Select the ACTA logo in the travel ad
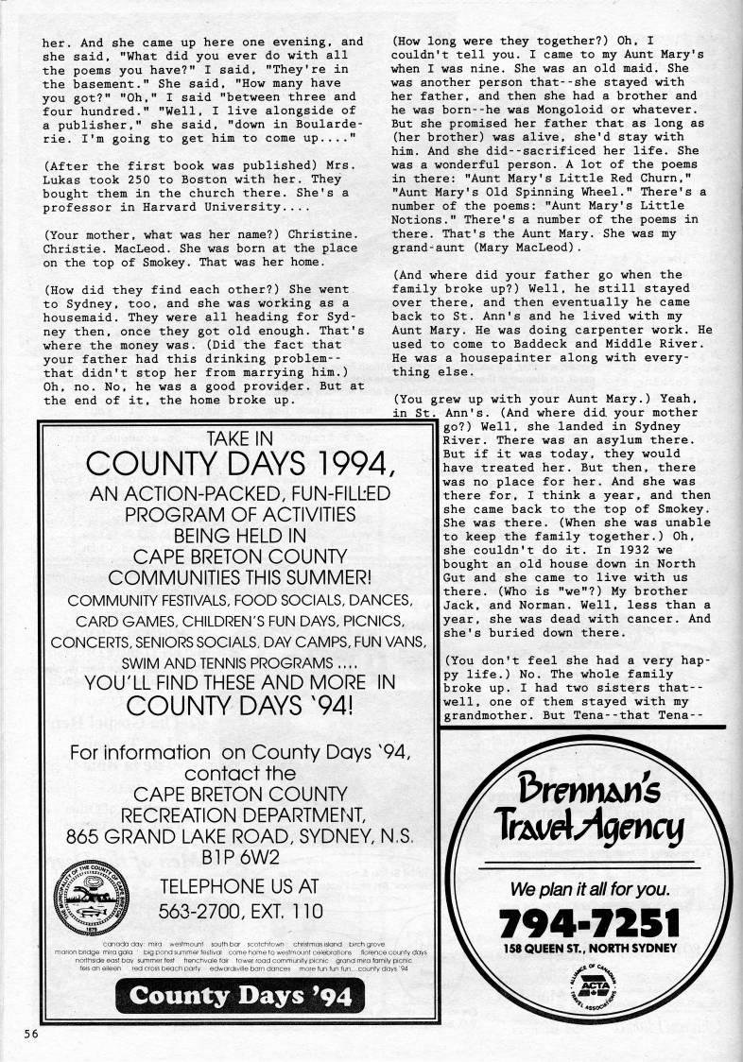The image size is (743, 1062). coord(587,982)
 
